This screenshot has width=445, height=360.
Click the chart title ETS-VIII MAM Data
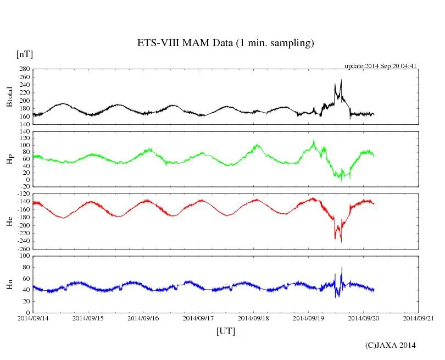[225, 43]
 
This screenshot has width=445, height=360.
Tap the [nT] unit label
[25, 54]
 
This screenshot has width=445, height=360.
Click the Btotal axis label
[10, 97]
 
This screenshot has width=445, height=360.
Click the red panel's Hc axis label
[10, 221]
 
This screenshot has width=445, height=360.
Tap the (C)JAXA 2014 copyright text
[391, 345]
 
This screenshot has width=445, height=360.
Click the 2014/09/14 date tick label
[33, 318]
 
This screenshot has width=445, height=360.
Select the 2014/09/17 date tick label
[198, 318]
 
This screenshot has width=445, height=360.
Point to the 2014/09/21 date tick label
[419, 318]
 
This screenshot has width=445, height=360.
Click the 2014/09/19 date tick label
[308, 318]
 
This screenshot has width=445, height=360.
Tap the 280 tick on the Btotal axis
[24, 69]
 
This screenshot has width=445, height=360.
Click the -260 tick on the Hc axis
[23, 248]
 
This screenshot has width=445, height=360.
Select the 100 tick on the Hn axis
[24, 256]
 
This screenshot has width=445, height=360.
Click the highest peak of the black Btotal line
[341, 80]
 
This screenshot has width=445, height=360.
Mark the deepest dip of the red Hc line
[341, 242]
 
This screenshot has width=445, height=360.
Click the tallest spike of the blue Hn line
[342, 268]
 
